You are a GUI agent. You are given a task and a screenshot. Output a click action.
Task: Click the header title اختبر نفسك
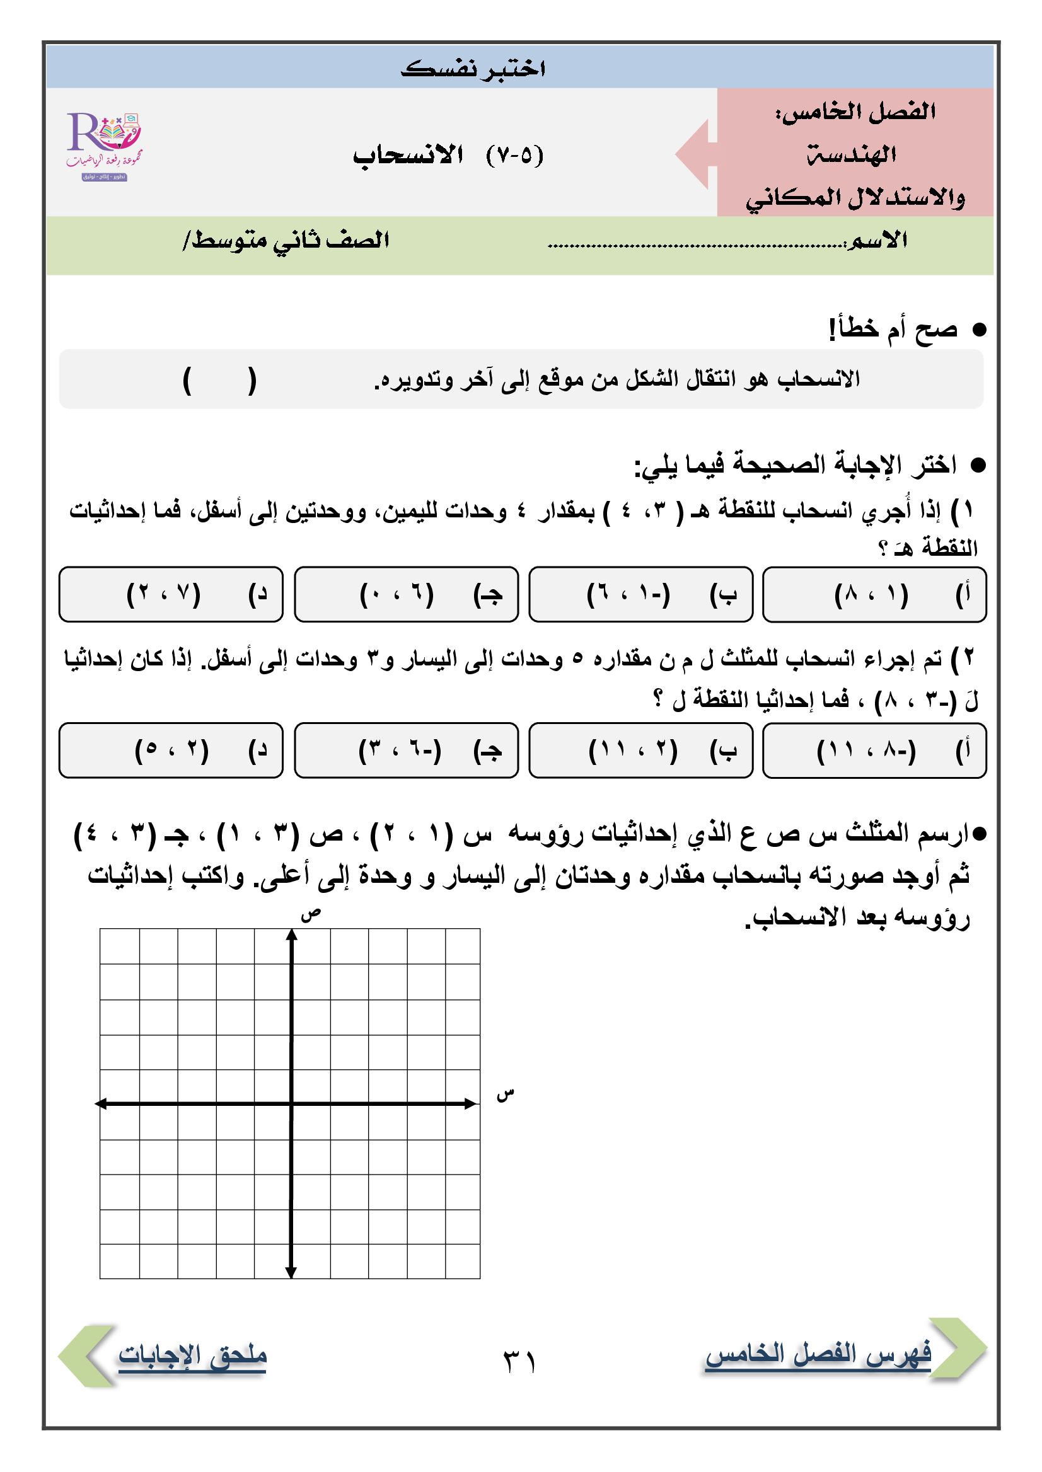tap(473, 68)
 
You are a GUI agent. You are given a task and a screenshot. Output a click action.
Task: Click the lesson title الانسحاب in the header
tap(408, 155)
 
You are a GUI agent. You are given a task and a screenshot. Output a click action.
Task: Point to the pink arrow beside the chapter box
tap(695, 154)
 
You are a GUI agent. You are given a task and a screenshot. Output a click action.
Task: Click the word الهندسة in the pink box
tap(852, 154)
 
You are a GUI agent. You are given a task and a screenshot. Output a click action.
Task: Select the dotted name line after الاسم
tap(696, 244)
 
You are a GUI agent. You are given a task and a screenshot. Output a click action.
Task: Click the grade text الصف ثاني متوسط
tap(286, 241)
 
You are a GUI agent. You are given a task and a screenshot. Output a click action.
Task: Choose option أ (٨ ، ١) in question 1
tap(874, 595)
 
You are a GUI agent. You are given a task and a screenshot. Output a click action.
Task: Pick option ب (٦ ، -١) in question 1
tap(640, 595)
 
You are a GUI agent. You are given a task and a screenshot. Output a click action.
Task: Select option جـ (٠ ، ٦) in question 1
tap(406, 595)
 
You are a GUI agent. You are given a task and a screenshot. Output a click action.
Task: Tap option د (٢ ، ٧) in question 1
tap(171, 595)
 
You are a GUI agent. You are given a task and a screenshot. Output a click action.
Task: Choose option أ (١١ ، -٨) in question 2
tap(874, 750)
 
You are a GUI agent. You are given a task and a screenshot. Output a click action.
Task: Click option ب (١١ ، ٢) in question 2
tap(640, 750)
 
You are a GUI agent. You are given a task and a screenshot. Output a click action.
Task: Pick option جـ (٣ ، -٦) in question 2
tap(406, 750)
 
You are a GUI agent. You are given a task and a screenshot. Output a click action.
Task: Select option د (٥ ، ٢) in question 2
tap(171, 750)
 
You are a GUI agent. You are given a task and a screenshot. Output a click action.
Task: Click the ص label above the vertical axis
tap(311, 914)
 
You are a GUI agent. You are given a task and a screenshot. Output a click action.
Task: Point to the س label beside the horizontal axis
tap(506, 1094)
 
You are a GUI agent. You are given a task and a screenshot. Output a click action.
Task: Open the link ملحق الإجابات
tap(192, 1355)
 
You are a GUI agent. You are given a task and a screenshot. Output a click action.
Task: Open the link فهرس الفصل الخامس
tap(818, 1354)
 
